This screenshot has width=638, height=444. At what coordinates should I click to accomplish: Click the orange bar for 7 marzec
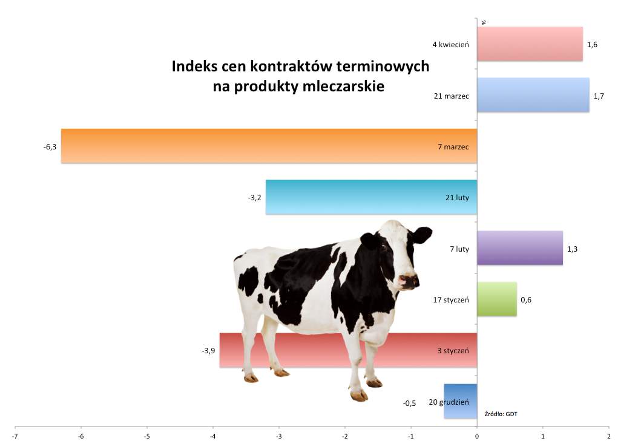click(269, 146)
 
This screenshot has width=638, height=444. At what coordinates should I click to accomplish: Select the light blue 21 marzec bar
click(533, 95)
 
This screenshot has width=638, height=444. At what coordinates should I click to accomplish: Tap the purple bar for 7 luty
click(520, 248)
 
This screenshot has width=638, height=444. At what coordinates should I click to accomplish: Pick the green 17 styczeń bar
click(497, 299)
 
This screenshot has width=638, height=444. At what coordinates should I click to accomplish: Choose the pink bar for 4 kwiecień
click(530, 44)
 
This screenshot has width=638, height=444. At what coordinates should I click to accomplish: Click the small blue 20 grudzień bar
click(460, 401)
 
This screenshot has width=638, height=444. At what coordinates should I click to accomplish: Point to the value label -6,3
click(50, 147)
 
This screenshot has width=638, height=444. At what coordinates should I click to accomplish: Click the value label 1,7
click(599, 96)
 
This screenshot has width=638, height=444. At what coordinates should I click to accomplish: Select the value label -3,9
click(208, 350)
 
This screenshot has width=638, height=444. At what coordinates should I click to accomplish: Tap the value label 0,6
click(526, 300)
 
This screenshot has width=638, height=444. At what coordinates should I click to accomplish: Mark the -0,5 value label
click(409, 403)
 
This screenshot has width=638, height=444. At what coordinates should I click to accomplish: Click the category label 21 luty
click(458, 198)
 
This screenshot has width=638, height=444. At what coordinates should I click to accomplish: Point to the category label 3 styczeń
click(453, 350)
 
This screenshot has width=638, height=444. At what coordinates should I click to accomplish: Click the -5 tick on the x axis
click(147, 436)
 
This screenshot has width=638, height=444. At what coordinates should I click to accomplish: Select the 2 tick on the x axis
click(609, 436)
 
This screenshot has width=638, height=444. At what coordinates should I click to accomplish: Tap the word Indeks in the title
click(194, 66)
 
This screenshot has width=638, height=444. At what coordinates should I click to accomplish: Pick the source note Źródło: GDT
click(501, 414)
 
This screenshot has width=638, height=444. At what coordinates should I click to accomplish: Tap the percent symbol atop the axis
click(484, 23)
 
